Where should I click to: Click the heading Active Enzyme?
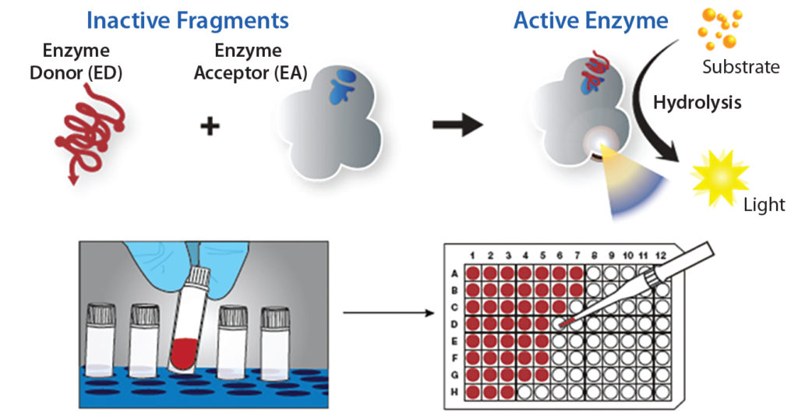click(x=590, y=20)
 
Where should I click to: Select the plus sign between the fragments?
click(x=208, y=126)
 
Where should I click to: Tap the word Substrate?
click(x=740, y=67)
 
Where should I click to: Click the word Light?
click(x=764, y=205)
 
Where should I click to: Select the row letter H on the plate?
click(x=455, y=391)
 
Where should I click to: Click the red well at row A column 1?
click(x=472, y=273)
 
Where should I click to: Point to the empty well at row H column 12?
click(x=661, y=391)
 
